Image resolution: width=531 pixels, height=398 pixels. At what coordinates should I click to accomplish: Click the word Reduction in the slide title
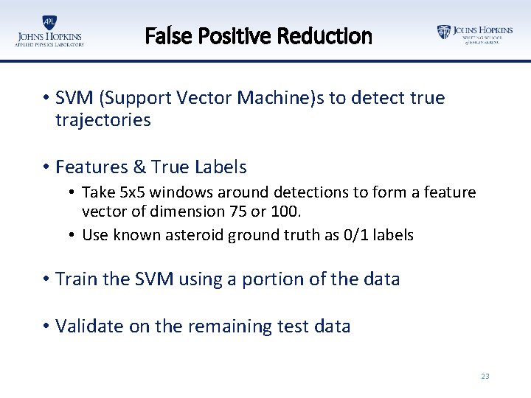pyautogui.click(x=336, y=36)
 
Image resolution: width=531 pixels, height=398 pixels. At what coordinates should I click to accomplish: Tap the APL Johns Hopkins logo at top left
pyautogui.click(x=49, y=31)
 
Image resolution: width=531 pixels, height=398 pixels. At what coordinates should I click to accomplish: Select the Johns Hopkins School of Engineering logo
pyautogui.click(x=474, y=34)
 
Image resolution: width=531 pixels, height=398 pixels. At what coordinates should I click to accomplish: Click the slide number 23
pyautogui.click(x=485, y=376)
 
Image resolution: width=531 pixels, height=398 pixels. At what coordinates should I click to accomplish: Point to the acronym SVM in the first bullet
pyautogui.click(x=73, y=98)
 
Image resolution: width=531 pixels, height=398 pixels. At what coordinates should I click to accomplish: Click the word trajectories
pyautogui.click(x=103, y=120)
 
